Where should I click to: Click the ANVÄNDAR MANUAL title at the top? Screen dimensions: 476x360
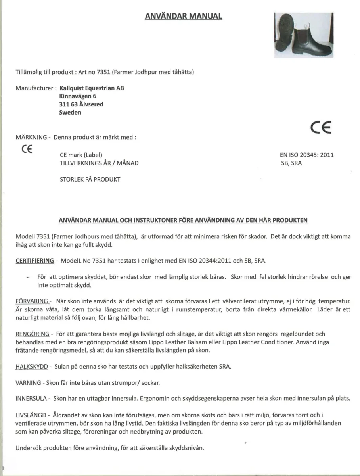click(x=183, y=16)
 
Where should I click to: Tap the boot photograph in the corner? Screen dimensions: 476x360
click(x=304, y=35)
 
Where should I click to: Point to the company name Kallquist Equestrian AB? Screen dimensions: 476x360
click(x=91, y=88)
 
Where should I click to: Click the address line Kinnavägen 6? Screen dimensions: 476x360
click(x=77, y=96)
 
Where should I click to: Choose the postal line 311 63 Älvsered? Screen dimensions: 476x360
click(x=81, y=104)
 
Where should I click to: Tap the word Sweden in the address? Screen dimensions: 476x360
click(x=70, y=112)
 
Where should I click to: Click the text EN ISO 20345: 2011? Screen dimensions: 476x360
click(x=307, y=155)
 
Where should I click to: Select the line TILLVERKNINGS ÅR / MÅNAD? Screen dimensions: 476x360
click(x=99, y=163)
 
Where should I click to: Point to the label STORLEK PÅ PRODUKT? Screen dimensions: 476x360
click(x=90, y=179)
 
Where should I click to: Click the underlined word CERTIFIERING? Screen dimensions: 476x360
click(x=34, y=261)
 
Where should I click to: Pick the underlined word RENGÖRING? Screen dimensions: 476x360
click(x=32, y=334)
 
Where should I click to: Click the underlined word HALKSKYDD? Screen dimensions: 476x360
click(x=32, y=367)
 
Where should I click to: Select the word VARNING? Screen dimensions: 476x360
click(x=28, y=383)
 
